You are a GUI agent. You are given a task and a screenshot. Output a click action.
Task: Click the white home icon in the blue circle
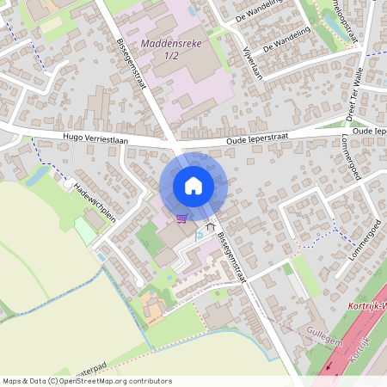pos(193,185)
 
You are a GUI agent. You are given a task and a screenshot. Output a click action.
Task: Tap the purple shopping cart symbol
pos(181,218)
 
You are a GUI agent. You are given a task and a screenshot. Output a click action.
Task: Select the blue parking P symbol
pos(200,235)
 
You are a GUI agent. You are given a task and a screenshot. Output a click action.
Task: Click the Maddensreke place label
pos(171,40)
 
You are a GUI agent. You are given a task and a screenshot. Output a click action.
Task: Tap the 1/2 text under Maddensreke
pos(171,55)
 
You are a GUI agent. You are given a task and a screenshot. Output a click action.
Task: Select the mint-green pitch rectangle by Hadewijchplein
pos(86,230)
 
